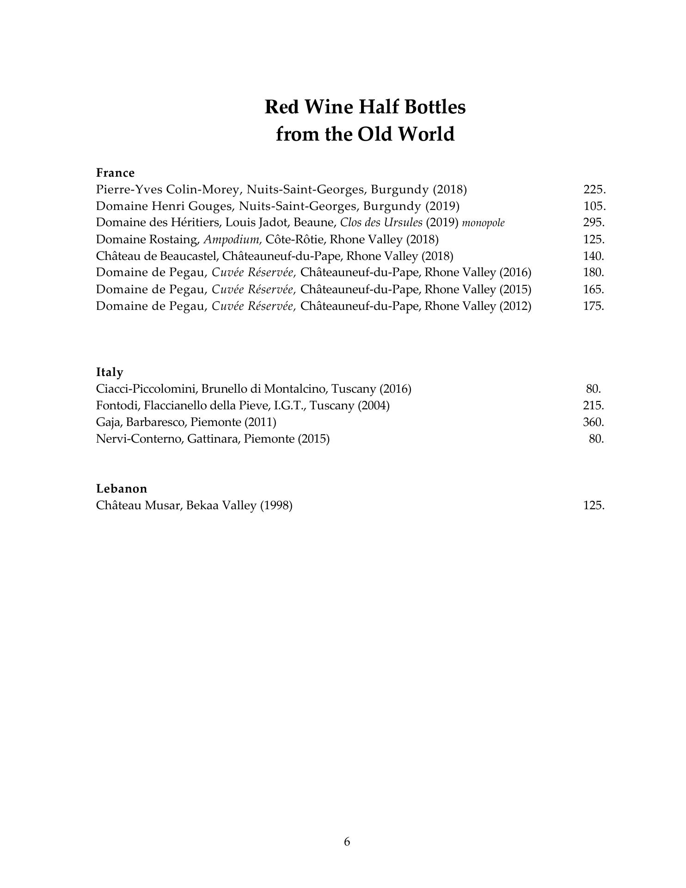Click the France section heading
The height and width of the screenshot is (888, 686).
(x=115, y=173)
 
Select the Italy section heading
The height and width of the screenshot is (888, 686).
(x=110, y=372)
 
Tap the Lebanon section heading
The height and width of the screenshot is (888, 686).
(x=122, y=488)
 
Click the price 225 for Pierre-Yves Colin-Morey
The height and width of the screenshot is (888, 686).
(x=594, y=189)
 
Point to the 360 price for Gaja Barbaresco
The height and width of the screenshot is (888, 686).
(x=594, y=422)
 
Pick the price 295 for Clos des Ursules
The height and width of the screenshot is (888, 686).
(x=594, y=222)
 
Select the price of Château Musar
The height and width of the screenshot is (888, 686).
(x=594, y=505)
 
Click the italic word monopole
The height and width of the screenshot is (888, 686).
(x=483, y=223)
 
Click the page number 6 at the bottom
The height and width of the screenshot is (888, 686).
(x=347, y=841)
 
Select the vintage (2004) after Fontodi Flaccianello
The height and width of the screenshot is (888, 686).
(x=374, y=406)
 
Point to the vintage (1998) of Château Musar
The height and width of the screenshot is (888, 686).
(x=276, y=506)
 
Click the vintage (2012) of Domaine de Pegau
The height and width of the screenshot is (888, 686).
(x=515, y=306)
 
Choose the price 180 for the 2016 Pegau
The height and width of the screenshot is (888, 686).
(x=594, y=272)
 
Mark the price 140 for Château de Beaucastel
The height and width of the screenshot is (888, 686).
(x=594, y=256)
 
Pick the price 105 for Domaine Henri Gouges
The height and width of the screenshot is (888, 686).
(x=594, y=206)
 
